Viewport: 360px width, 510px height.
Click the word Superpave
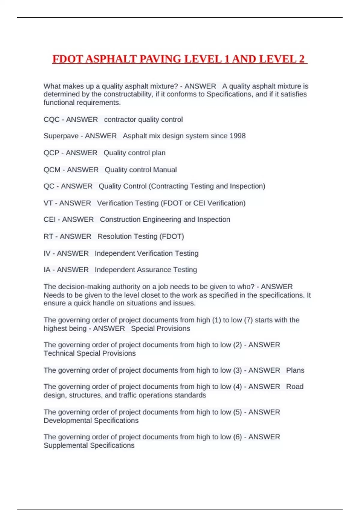click(x=61, y=136)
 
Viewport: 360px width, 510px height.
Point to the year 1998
click(x=237, y=136)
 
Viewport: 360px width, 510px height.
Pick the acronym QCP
click(x=51, y=153)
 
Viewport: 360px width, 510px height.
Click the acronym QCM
click(x=52, y=170)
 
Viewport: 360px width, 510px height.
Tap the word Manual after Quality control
click(x=165, y=170)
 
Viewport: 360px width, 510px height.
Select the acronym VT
click(x=48, y=203)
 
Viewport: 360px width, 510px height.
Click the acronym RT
click(x=48, y=236)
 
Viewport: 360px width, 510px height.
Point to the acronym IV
click(x=47, y=253)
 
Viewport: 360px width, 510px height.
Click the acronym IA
click(x=47, y=270)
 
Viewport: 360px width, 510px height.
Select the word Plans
click(x=295, y=370)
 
